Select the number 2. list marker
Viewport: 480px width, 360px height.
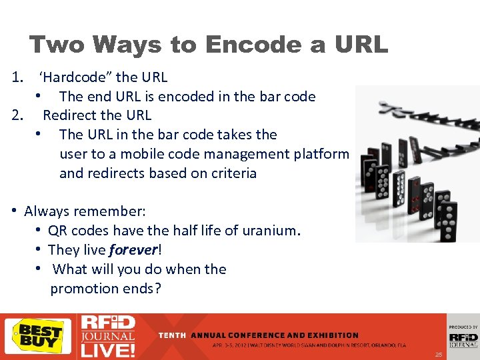(19, 115)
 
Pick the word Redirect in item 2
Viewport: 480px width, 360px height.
(69, 115)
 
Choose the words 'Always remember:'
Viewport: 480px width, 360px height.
(85, 211)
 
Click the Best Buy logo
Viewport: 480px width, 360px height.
(38, 335)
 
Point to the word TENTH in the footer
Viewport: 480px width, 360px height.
(173, 335)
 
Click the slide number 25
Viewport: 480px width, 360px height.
(438, 354)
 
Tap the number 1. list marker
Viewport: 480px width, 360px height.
(19, 77)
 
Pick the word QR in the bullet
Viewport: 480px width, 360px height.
(57, 231)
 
